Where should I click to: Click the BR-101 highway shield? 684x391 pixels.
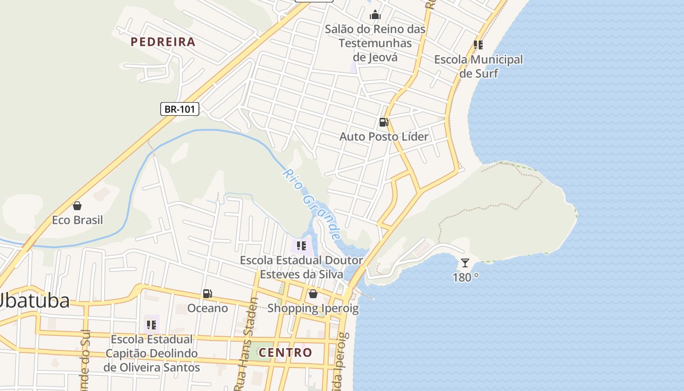click(180, 109)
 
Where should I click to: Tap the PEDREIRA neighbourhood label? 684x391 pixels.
click(163, 42)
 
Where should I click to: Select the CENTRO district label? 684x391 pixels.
click(285, 352)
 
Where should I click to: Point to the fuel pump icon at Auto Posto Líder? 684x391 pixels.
click(384, 122)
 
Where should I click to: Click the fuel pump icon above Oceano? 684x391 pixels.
click(208, 294)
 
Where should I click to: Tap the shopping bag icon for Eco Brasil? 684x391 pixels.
click(77, 206)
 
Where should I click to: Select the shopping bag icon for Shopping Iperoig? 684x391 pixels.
click(313, 294)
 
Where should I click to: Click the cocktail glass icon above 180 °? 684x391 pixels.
click(465, 263)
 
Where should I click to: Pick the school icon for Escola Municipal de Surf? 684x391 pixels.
click(478, 45)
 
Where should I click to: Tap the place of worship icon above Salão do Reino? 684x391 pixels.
click(375, 15)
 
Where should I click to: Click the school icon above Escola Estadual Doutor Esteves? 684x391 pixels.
click(301, 245)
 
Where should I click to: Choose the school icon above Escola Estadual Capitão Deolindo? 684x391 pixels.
click(151, 325)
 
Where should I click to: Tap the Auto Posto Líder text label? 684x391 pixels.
click(384, 136)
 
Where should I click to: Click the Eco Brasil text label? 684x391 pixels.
click(77, 220)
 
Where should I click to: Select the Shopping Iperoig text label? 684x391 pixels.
click(313, 308)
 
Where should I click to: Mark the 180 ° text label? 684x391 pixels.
click(465, 278)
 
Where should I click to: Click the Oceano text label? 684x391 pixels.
click(208, 308)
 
